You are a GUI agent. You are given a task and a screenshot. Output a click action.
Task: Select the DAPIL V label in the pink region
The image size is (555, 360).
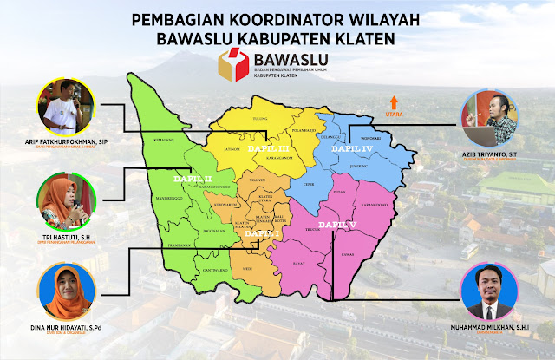point(338,225)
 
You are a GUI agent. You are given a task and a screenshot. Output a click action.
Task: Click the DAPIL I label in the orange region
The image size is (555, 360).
point(262,233)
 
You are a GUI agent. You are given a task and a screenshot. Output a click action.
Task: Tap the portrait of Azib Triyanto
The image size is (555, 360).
point(490,108)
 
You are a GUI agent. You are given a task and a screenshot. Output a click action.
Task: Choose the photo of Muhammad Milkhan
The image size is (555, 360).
point(490,288)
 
